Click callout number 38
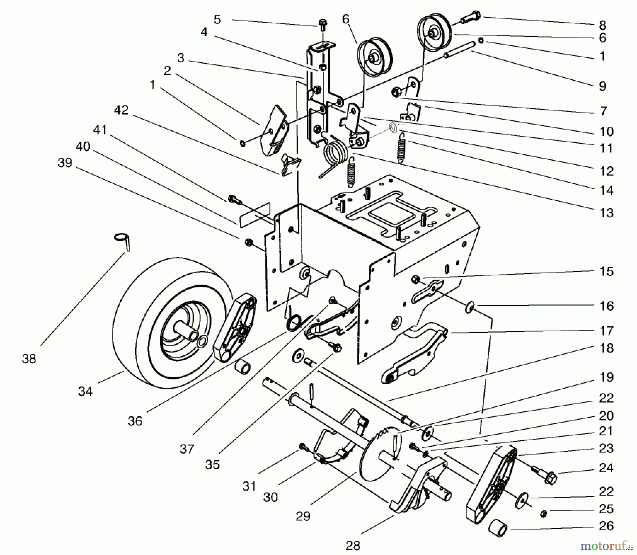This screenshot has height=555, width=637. click(29, 359)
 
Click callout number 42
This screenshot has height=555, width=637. click(121, 110)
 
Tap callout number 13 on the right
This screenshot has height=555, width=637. click(606, 213)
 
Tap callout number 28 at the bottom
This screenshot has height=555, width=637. click(353, 545)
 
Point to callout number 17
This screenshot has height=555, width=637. click(606, 331)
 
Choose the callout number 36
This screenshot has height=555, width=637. click(135, 421)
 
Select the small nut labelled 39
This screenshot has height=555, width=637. click(248, 242)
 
